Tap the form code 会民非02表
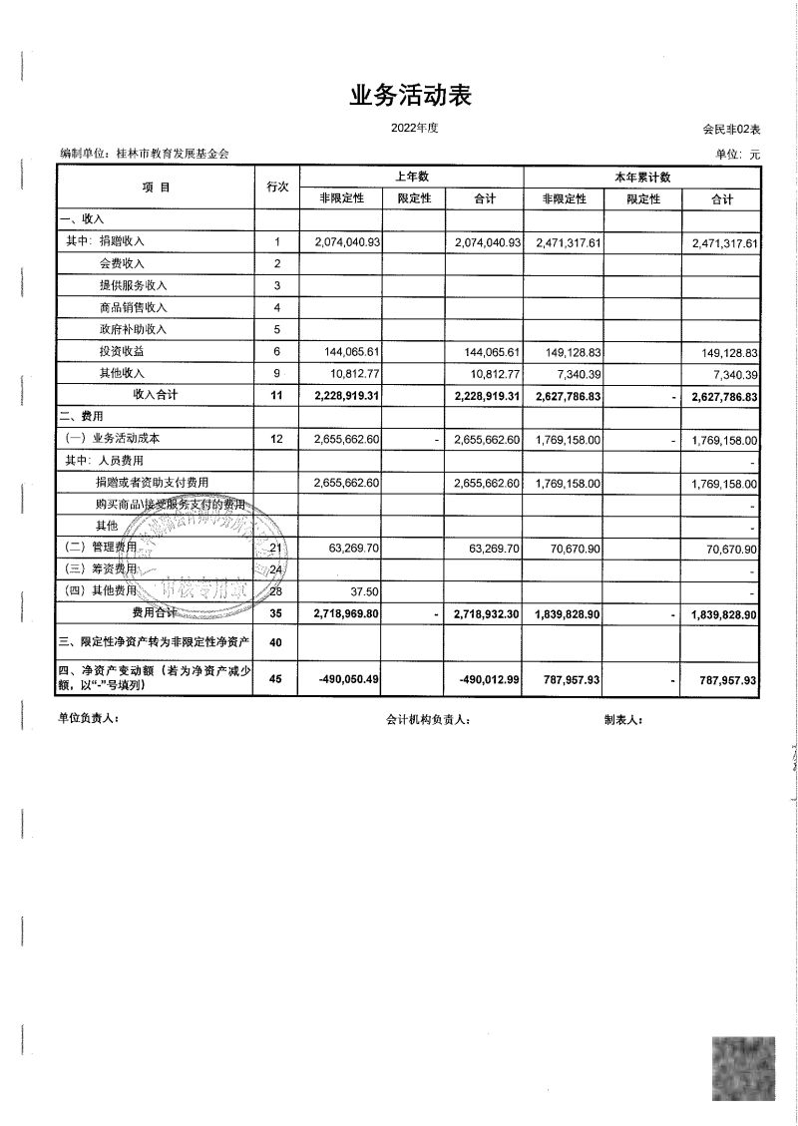coord(731,130)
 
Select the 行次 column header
coord(277,187)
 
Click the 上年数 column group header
coord(411,177)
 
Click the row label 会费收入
coord(122,263)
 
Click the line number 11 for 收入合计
coord(277,396)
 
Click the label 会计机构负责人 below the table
coord(428,718)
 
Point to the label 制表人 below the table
coord(623,718)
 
